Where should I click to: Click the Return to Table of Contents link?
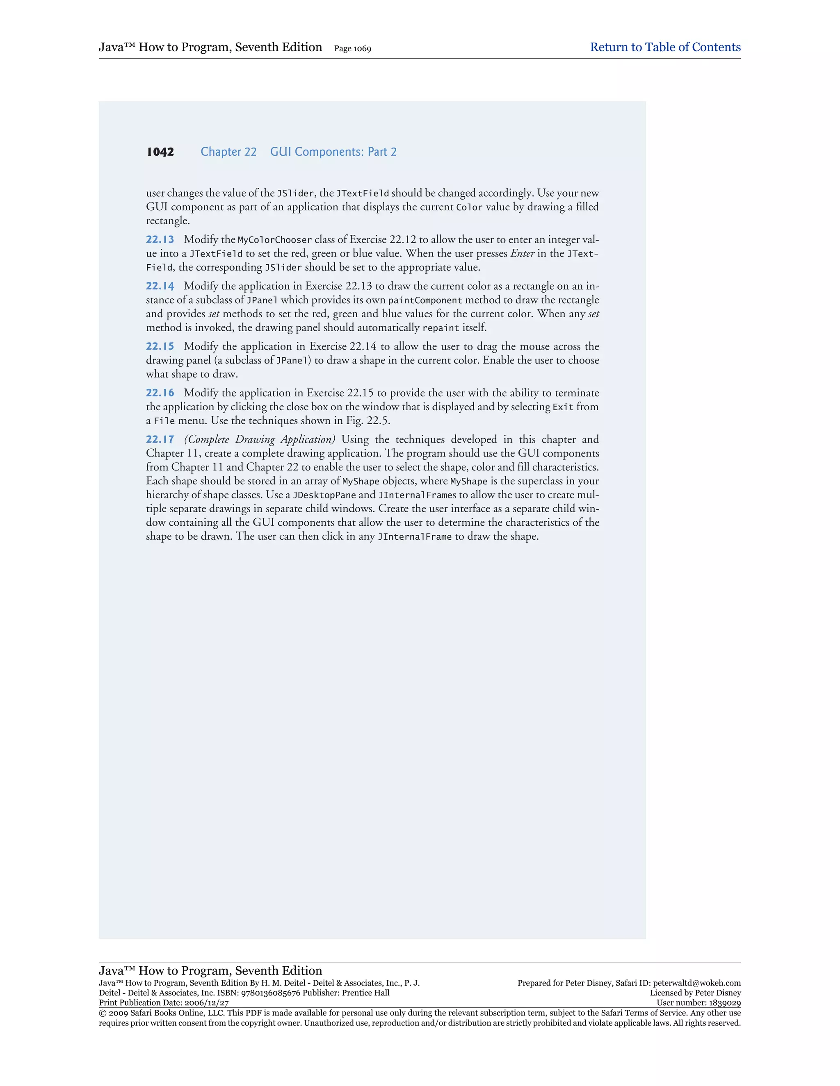pyautogui.click(x=665, y=47)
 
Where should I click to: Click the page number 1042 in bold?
pyautogui.click(x=160, y=152)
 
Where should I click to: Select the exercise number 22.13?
pyautogui.click(x=160, y=240)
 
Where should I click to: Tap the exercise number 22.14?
pyautogui.click(x=160, y=286)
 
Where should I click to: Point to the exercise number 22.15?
pyautogui.click(x=160, y=347)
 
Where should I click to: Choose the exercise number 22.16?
pyautogui.click(x=160, y=393)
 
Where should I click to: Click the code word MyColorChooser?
pyautogui.click(x=274, y=240)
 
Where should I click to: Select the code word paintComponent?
pyautogui.click(x=425, y=300)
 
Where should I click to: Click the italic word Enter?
pyautogui.click(x=522, y=254)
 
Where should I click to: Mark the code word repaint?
pyautogui.click(x=441, y=328)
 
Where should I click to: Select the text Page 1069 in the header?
pyautogui.click(x=352, y=49)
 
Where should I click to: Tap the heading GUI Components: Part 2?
pyautogui.click(x=333, y=152)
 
